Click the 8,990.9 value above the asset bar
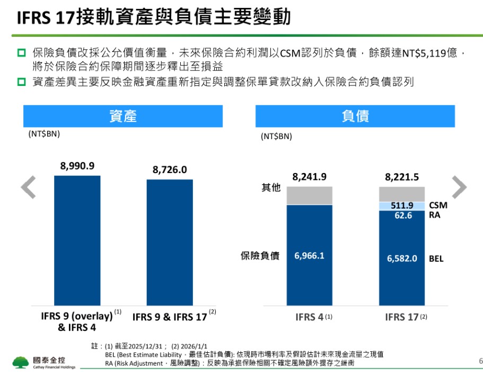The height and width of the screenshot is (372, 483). coord(77,166)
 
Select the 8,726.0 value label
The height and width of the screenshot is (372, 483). coord(170,170)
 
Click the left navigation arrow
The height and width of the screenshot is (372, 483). coord(28,187)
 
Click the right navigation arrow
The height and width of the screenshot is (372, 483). coord(459,187)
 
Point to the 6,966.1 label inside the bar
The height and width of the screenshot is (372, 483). coord(309,256)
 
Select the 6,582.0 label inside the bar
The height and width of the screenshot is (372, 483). coord(402,258)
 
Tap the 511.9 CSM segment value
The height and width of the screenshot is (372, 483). coord(402,205)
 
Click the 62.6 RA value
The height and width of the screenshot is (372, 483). coord(402,215)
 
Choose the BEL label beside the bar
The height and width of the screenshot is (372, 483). coord(436,259)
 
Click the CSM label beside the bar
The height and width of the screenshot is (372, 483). coord(438,205)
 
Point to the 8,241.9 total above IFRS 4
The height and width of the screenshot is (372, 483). coord(309,177)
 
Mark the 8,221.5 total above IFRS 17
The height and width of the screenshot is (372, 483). coord(402,177)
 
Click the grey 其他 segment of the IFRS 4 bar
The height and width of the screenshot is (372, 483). coord(309,195)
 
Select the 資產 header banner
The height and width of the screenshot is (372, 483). coord(123,116)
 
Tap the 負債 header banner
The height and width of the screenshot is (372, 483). coord(355,116)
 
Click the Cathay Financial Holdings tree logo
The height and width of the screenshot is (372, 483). coord(21,362)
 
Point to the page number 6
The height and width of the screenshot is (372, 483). coord(480,361)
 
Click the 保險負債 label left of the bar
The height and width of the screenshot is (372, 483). coord(260,256)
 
